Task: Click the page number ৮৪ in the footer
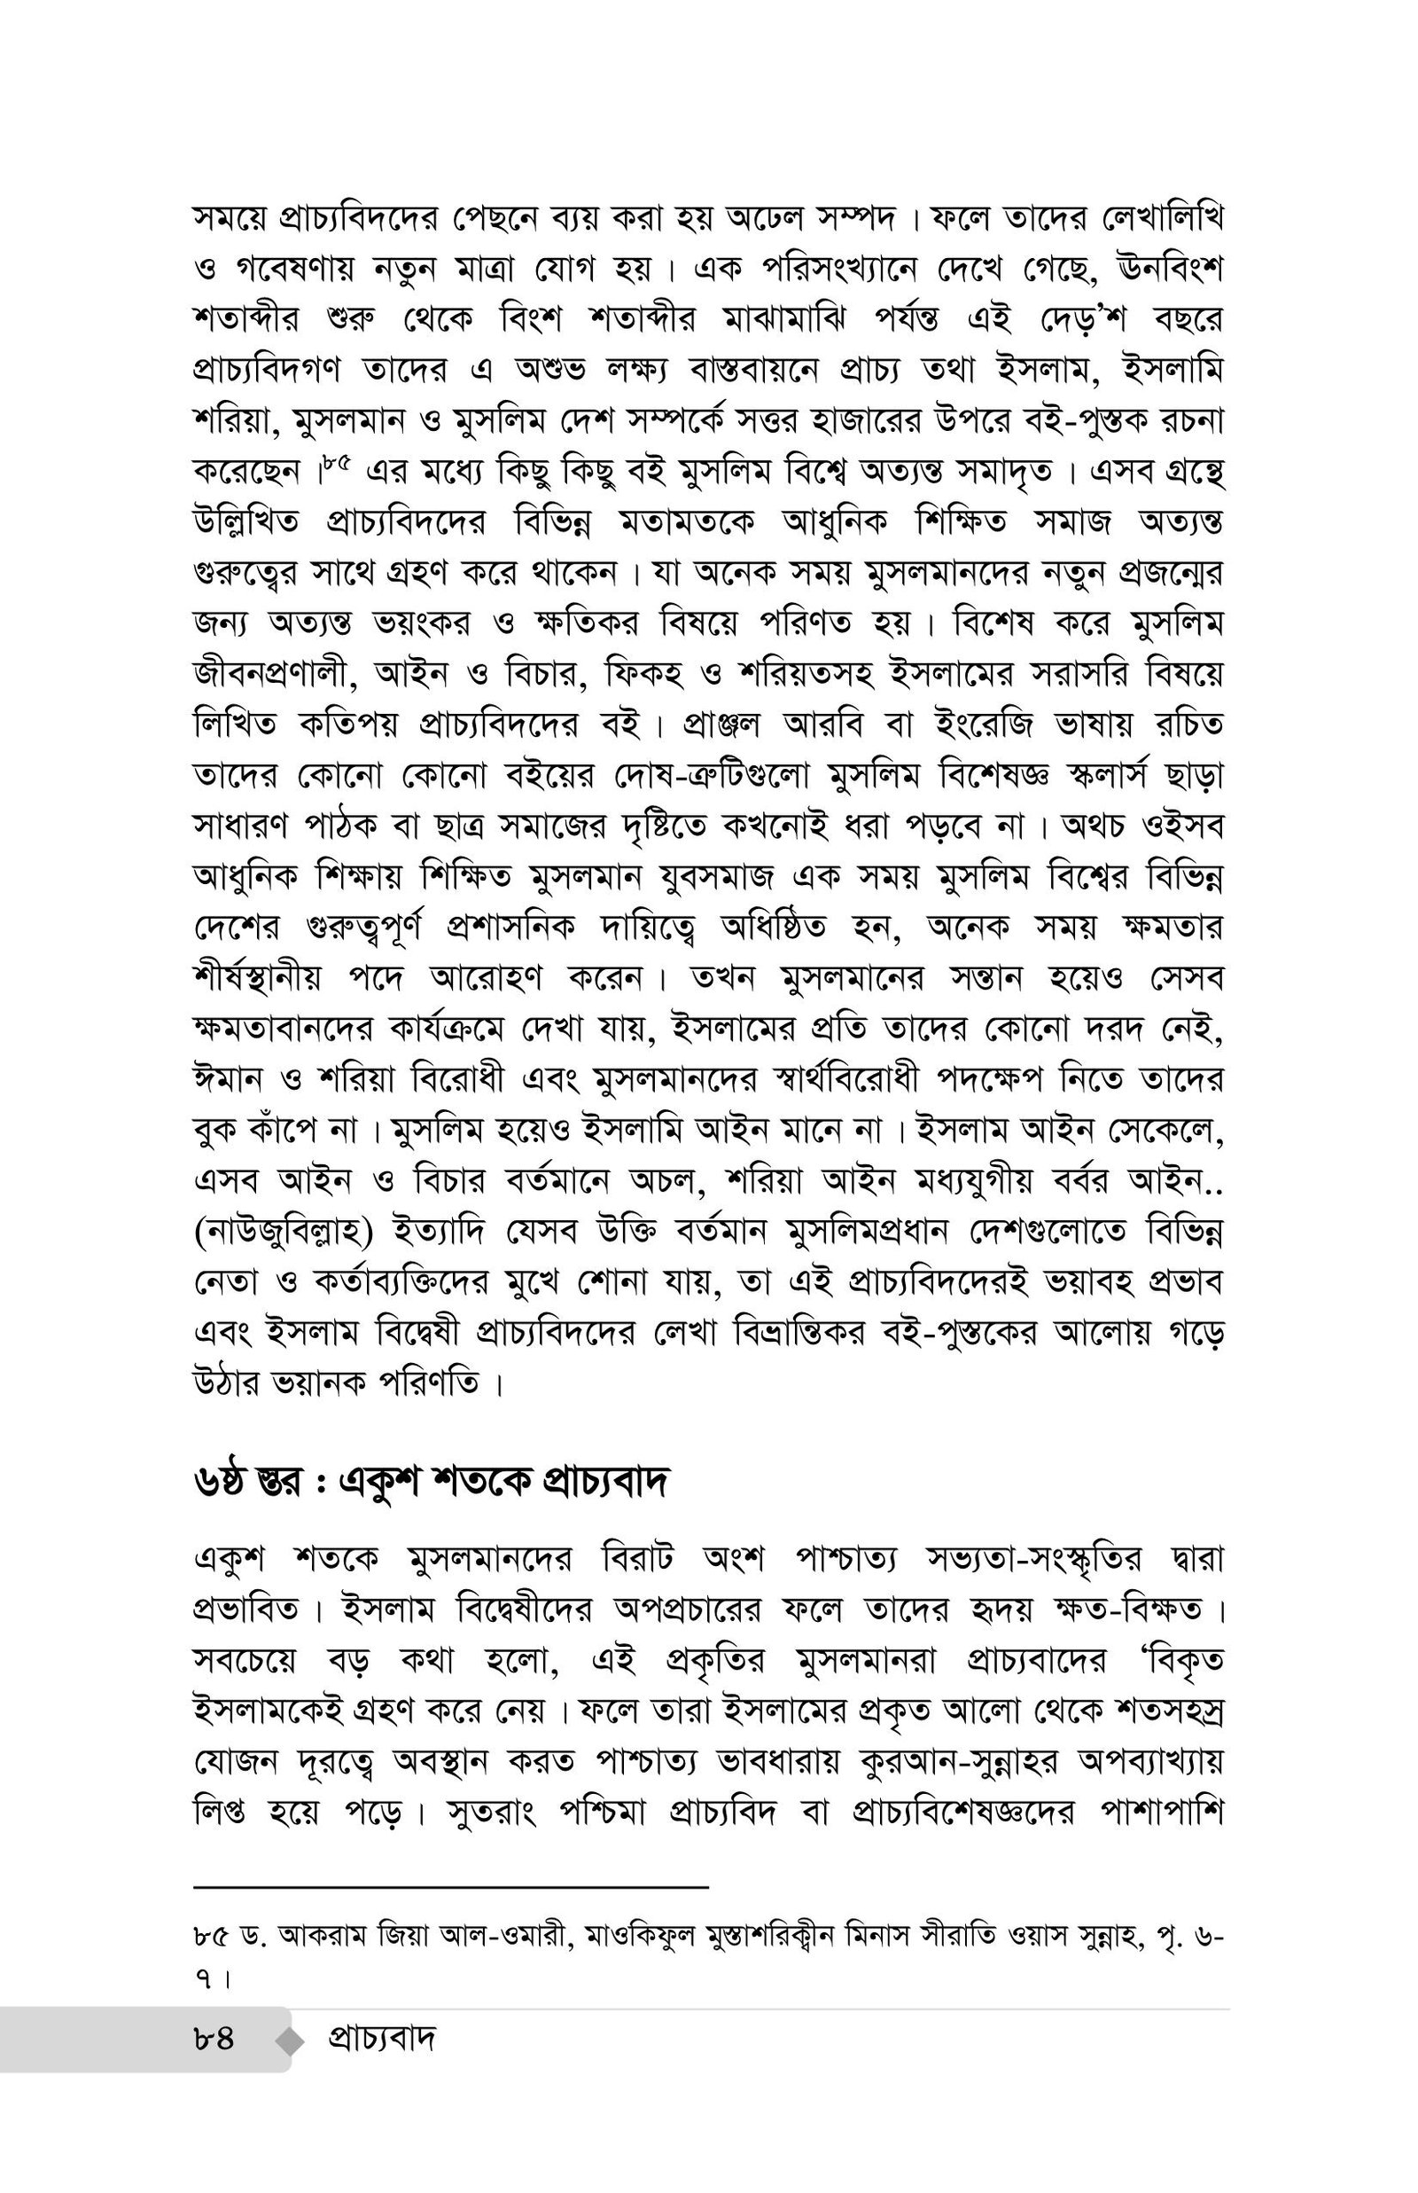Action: click(214, 2040)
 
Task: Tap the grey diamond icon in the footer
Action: click(291, 2041)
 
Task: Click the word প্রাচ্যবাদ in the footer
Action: click(381, 2040)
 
